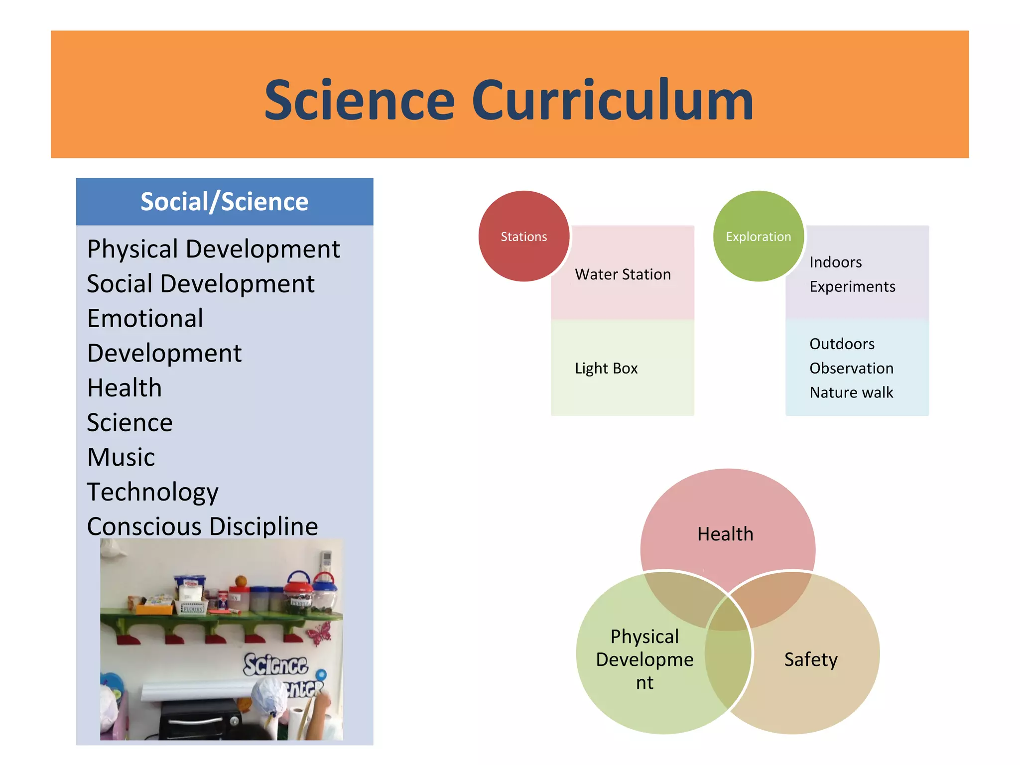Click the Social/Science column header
(224, 202)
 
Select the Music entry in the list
(121, 457)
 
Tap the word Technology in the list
(152, 492)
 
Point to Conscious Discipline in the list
(202, 526)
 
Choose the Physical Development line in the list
(213, 249)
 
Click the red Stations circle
(523, 236)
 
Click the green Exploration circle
(758, 236)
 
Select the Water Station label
(623, 274)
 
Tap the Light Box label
(606, 368)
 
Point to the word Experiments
(852, 286)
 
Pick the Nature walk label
(851, 392)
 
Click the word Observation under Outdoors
(851, 368)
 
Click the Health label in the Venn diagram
(725, 534)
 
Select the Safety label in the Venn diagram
(811, 659)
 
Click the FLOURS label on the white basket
(193, 609)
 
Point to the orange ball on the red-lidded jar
(241, 581)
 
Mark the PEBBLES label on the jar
(300, 603)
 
